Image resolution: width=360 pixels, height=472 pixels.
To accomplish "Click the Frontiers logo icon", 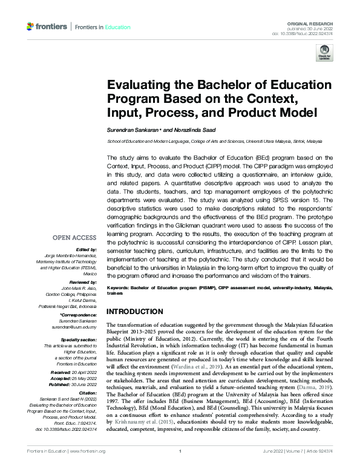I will (x=31, y=27).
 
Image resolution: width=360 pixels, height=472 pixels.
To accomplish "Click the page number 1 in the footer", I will (x=180, y=468).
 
